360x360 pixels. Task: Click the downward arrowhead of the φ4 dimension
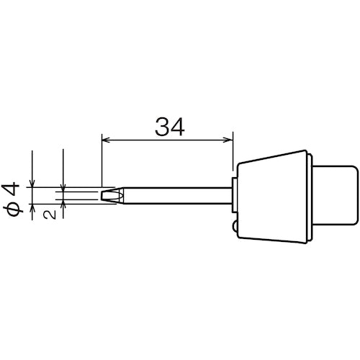coord(32,182)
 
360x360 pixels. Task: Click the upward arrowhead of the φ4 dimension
coord(32,206)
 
